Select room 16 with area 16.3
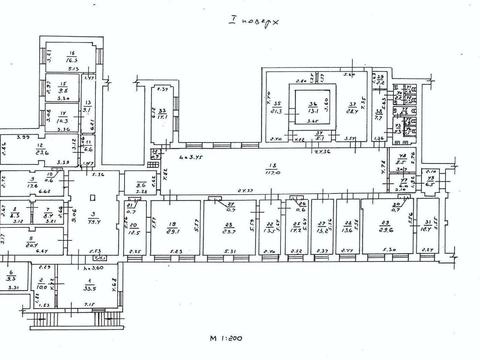[x=72, y=58]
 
